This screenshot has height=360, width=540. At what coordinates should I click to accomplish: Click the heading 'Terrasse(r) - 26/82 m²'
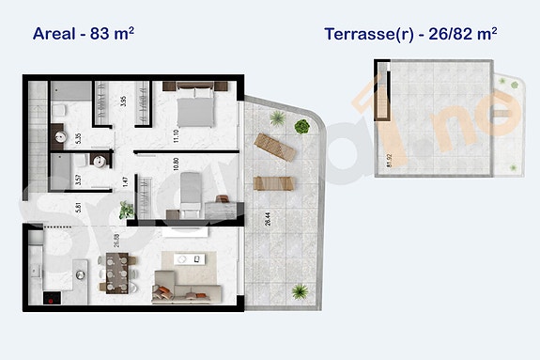pos(409,34)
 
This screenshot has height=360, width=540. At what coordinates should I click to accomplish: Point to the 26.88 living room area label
pos(116,243)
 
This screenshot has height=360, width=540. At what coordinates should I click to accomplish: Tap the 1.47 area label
pos(127,181)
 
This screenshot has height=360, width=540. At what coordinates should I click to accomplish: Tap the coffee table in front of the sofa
pos(184,259)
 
